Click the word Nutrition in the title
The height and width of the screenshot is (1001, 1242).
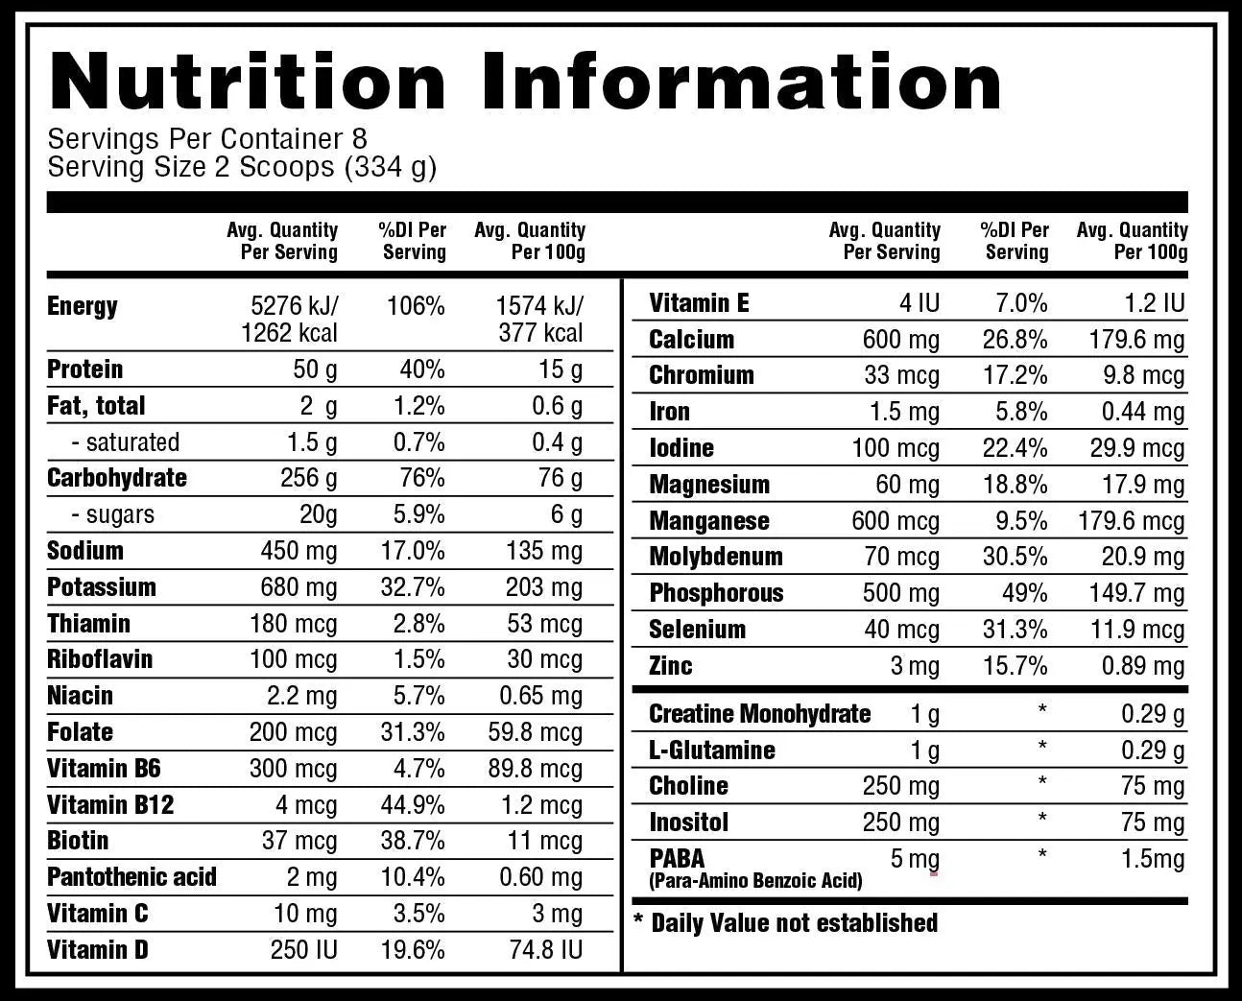pyautogui.click(x=248, y=81)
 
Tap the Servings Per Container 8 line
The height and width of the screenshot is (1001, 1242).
pyautogui.click(x=207, y=139)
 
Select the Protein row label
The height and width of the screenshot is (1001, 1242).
pyautogui.click(x=85, y=369)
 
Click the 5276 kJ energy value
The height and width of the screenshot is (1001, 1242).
pyautogui.click(x=295, y=306)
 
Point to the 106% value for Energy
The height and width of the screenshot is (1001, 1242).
pyautogui.click(x=416, y=306)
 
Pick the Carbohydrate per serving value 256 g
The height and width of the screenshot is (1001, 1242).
pyautogui.click(x=308, y=478)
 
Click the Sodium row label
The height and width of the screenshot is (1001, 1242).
pyautogui.click(x=85, y=551)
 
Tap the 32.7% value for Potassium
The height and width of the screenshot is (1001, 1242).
pyautogui.click(x=413, y=587)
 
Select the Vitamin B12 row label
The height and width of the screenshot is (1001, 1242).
pyautogui.click(x=110, y=804)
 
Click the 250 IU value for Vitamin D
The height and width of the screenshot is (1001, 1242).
pyautogui.click(x=303, y=950)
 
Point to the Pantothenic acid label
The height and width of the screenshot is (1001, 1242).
pyautogui.click(x=131, y=877)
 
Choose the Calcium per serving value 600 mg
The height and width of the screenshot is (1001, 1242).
pyautogui.click(x=901, y=340)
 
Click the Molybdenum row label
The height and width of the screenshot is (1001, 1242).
pyautogui.click(x=716, y=557)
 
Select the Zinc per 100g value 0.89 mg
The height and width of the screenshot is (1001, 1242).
pyautogui.click(x=1143, y=666)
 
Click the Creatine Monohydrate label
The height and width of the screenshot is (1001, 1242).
pyautogui.click(x=759, y=714)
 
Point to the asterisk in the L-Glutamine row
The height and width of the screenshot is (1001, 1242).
pyautogui.click(x=1042, y=746)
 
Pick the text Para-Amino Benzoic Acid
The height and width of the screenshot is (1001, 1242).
pyautogui.click(x=755, y=881)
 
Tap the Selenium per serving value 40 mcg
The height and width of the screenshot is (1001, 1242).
pyautogui.click(x=901, y=630)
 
